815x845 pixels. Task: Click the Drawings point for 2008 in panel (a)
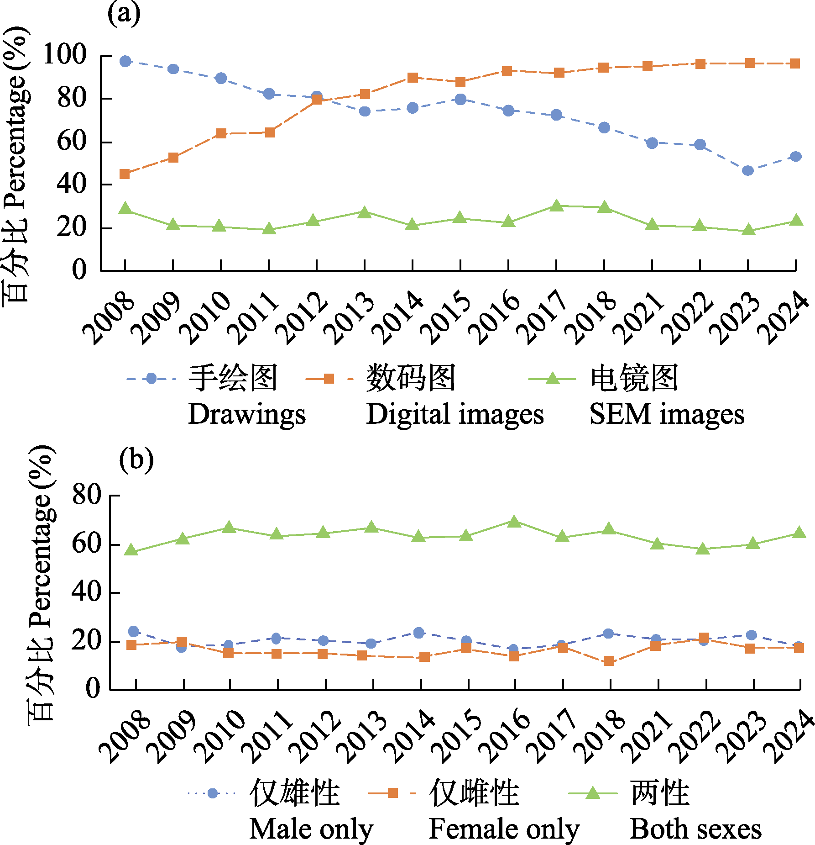tap(125, 61)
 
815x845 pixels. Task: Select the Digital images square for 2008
tap(125, 174)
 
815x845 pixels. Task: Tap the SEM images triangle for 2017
tap(556, 206)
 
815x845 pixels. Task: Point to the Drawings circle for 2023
tap(747, 171)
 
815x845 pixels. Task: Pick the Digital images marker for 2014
tap(413, 78)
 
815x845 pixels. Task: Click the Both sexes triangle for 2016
tap(514, 522)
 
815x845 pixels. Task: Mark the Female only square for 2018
tap(609, 661)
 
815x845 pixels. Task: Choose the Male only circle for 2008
tap(134, 632)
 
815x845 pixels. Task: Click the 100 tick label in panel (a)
tap(64, 55)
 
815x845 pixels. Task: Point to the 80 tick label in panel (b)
tap(87, 495)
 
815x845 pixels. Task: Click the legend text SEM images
tap(667, 414)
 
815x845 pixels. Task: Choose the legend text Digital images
tap(455, 414)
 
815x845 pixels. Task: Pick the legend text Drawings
tap(246, 414)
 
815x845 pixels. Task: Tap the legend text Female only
tap(504, 829)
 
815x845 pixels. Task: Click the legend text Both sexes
tap(695, 829)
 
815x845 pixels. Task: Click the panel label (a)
tap(124, 14)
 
